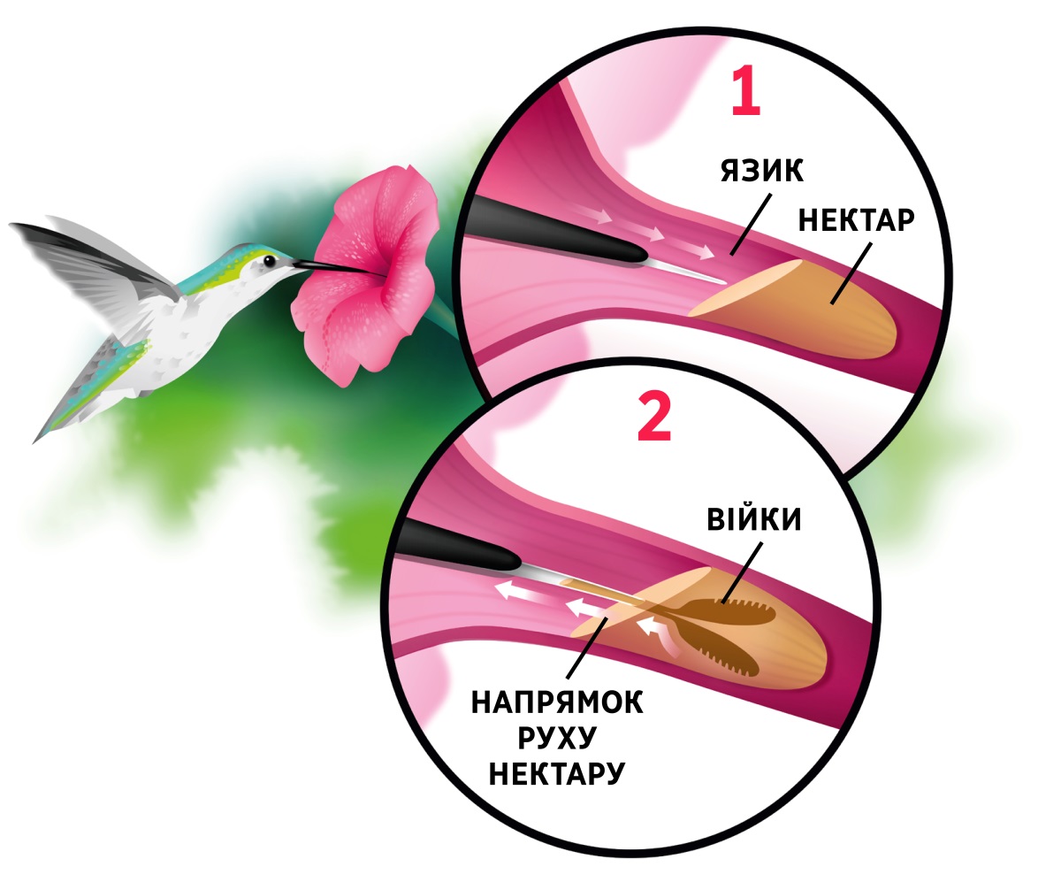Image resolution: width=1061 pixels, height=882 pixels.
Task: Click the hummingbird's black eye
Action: [x=270, y=261]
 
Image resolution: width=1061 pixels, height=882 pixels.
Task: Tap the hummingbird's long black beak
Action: [x=325, y=266]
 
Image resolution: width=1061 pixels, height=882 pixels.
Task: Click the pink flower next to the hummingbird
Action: [x=366, y=274]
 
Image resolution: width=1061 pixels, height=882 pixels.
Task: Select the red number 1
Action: [x=745, y=91]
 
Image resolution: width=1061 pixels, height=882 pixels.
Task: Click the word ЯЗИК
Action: [x=761, y=171]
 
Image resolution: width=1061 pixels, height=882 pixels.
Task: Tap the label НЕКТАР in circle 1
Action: [x=856, y=220]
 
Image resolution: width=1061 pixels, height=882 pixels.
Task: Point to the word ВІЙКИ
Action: [x=754, y=519]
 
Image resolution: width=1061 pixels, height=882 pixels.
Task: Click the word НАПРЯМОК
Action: [x=557, y=702]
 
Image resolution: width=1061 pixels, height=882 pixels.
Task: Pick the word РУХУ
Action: [x=556, y=738]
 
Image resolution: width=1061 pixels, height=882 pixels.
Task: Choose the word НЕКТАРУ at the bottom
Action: [x=556, y=772]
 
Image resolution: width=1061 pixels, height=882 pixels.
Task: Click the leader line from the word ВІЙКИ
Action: [x=742, y=572]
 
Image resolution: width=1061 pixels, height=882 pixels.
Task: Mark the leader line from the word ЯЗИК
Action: [x=751, y=224]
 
